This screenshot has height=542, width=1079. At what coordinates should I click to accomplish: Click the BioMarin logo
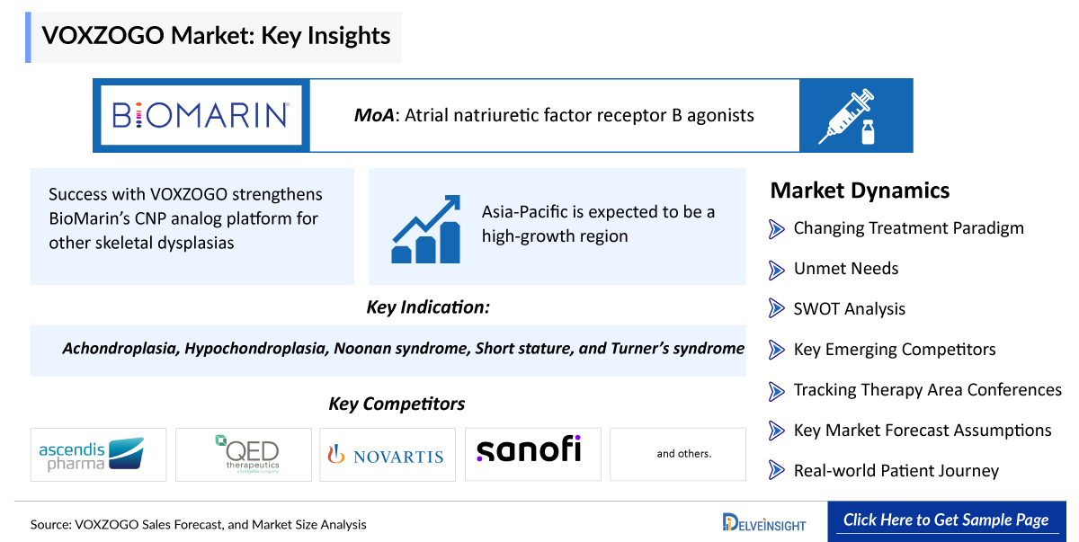point(201,116)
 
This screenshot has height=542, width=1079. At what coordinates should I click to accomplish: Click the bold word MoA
point(374,116)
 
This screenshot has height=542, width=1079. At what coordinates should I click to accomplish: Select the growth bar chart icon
point(426,229)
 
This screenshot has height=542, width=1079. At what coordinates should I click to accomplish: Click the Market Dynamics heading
point(860,191)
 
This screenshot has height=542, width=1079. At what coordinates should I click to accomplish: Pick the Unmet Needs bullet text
point(846,269)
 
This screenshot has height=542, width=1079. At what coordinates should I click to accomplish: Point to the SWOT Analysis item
point(849,309)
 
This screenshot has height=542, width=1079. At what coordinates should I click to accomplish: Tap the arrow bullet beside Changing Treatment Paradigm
point(777,229)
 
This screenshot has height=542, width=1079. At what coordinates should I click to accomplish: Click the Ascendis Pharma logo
point(92,454)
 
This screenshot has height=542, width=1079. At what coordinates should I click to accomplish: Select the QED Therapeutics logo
point(247,454)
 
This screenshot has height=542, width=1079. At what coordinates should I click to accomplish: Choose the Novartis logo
point(386,456)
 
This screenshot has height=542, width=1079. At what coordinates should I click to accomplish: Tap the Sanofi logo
point(529,449)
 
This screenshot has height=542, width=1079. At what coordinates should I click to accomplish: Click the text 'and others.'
point(684,454)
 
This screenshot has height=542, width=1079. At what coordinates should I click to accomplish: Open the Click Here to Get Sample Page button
point(947,521)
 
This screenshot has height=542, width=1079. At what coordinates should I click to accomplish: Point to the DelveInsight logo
point(764,523)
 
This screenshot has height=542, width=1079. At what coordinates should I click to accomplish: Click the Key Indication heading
point(428,307)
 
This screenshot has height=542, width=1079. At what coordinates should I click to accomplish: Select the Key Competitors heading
point(397,404)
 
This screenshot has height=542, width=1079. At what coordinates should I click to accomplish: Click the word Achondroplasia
point(120,349)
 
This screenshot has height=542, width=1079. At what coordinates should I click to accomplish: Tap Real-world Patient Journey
point(896,471)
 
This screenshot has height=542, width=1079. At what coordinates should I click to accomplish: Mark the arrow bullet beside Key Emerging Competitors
point(777,350)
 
